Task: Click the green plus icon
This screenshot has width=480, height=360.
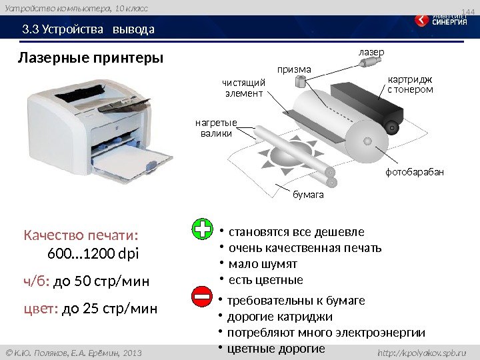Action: (x=202, y=229)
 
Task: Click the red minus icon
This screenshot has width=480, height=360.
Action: (x=202, y=296)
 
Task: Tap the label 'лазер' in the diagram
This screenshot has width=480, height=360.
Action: (x=371, y=53)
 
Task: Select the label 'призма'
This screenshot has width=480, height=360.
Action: (x=294, y=70)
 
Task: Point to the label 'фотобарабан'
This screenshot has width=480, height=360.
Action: (x=415, y=172)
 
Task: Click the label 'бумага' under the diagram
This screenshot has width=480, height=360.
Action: (x=308, y=195)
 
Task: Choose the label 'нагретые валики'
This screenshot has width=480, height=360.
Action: (x=216, y=128)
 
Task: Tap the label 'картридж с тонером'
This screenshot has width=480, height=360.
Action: (x=410, y=85)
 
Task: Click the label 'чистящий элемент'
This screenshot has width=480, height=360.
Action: (x=244, y=88)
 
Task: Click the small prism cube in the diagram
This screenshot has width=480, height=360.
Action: (x=300, y=81)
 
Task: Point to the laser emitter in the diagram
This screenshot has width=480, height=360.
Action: (x=369, y=62)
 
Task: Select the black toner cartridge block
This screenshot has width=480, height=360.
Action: (x=367, y=104)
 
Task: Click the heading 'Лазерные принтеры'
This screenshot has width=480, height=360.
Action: (x=91, y=58)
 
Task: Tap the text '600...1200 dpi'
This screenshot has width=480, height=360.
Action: (x=93, y=254)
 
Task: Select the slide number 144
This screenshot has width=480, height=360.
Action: (x=468, y=12)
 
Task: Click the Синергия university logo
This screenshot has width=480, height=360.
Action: (x=441, y=19)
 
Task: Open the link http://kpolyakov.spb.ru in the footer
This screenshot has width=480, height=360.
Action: (x=422, y=353)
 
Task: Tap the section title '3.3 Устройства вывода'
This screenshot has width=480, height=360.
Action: (x=88, y=29)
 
